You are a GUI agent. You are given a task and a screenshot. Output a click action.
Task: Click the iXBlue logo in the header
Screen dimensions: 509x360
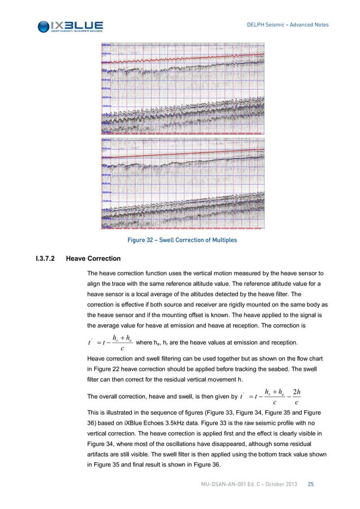(70, 26)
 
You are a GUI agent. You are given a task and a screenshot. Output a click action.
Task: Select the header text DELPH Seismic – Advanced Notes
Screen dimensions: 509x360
(288, 24)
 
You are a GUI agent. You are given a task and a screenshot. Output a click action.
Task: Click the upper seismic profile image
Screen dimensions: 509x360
(182, 87)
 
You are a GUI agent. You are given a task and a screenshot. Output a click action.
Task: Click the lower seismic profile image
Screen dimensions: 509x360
(182, 183)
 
